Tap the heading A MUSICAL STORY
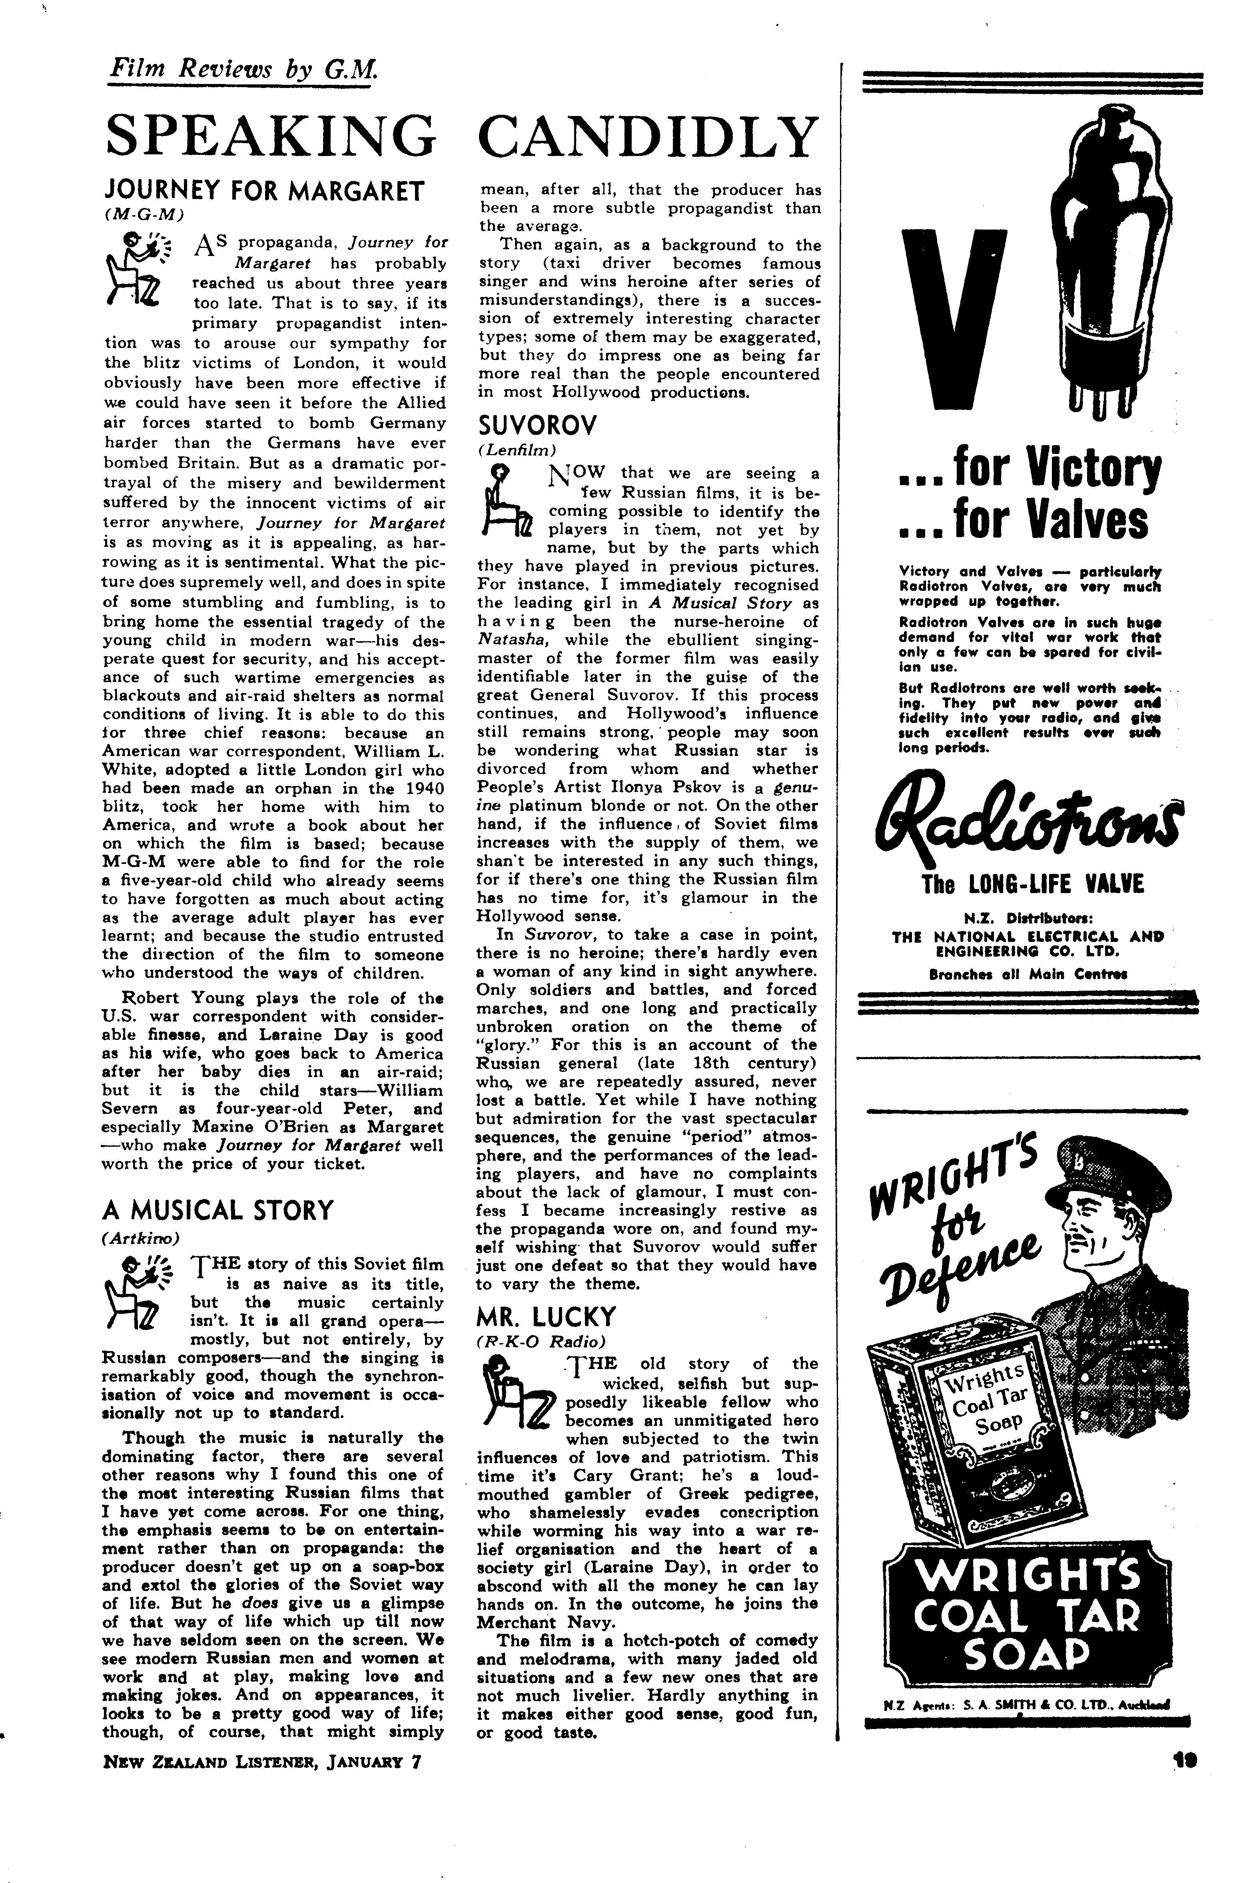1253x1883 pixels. click(217, 1210)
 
